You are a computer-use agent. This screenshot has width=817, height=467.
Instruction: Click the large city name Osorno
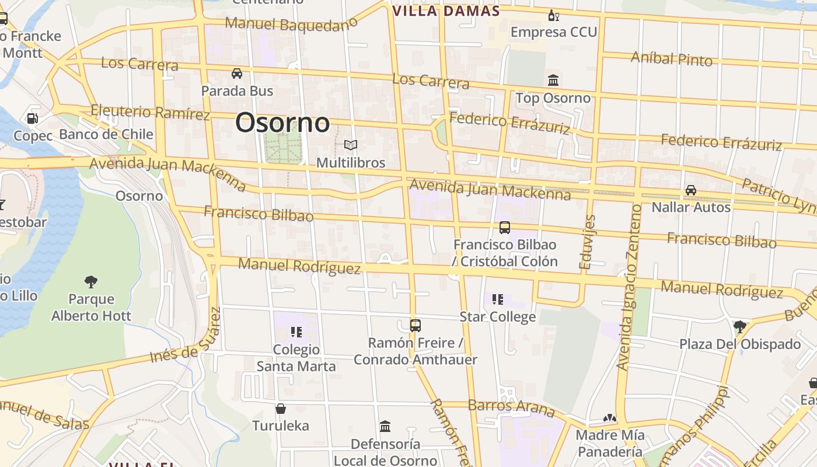point(282,123)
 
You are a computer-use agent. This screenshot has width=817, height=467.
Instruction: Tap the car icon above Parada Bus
point(237,74)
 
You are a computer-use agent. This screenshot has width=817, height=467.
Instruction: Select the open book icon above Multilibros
point(351,145)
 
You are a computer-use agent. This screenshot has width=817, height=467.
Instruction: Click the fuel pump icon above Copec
point(33,119)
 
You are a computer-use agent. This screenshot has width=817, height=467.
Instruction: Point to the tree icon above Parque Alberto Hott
point(91,282)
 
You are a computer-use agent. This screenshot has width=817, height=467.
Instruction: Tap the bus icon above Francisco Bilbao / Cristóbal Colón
point(505,228)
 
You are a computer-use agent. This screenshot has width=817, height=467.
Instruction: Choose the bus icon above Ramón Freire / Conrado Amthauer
point(416,326)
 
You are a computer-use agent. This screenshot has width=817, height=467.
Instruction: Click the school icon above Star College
point(498,299)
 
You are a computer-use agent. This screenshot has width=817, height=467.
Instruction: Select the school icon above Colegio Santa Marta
point(296,332)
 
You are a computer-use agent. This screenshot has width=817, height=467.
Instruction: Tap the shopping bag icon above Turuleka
point(281,408)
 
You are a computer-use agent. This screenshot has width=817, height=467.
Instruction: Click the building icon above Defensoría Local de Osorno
point(385,427)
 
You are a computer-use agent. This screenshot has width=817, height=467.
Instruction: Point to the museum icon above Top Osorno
point(553,81)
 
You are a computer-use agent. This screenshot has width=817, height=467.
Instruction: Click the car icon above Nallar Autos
point(691,190)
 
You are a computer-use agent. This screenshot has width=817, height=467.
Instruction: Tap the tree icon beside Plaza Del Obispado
point(740,326)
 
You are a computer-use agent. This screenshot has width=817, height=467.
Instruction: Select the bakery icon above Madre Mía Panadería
point(610,418)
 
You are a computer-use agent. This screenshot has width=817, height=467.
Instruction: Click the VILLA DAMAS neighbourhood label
point(446,11)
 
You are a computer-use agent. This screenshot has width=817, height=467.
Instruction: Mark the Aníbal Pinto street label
point(672,58)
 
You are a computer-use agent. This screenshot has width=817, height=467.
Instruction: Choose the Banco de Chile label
point(106,134)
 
